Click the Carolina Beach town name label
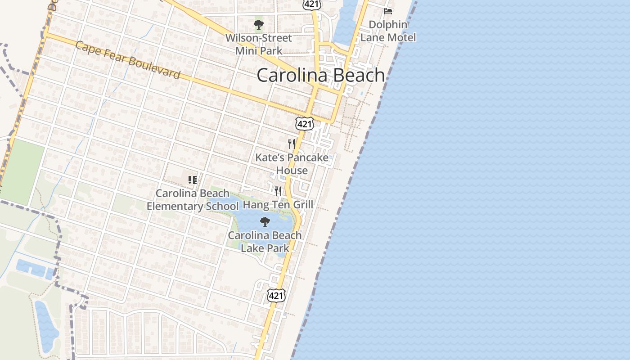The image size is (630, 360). click(321, 75)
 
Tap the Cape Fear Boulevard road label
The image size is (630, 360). click(128, 60)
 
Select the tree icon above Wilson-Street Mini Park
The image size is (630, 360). click(259, 25)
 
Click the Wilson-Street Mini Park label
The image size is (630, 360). click(259, 44)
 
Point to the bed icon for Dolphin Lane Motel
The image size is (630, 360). click(388, 11)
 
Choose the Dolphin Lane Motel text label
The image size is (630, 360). click(388, 31)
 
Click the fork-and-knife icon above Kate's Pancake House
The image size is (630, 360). click(292, 144)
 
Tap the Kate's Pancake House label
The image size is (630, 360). click(292, 164)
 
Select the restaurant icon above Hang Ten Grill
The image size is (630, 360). click(278, 191)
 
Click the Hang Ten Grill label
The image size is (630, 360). click(278, 205)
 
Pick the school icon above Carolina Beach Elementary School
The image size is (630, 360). click(193, 180)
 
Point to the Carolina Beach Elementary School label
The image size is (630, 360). click(193, 200)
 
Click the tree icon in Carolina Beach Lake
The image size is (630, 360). click(265, 221)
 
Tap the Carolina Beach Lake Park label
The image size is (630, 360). click(265, 242)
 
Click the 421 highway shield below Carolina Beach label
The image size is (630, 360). click(305, 124)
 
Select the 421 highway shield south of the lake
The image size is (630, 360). click(276, 295)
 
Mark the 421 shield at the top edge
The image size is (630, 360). click(311, 4)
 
